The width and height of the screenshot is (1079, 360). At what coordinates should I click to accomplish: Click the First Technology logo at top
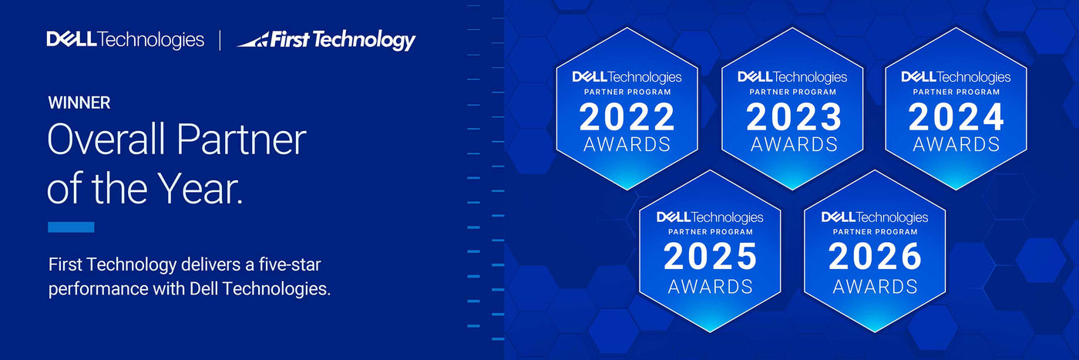tap(326, 40)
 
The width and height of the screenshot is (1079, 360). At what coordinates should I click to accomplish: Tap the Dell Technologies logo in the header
tap(125, 40)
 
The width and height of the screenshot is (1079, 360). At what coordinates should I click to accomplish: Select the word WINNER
tap(79, 103)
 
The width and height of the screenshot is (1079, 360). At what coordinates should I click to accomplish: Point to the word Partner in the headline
tap(241, 140)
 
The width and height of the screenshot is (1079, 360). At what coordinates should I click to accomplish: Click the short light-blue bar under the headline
tap(71, 227)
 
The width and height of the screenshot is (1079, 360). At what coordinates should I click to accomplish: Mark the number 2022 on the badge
tap(627, 118)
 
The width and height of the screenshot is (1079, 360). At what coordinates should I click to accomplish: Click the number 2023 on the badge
tap(793, 118)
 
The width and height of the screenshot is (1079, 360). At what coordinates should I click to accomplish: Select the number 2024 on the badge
tap(956, 118)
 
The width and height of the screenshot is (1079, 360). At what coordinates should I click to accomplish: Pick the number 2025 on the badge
tap(710, 257)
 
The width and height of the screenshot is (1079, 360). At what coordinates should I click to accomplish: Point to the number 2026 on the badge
tap(875, 257)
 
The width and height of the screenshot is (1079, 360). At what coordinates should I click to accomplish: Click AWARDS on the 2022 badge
tap(627, 144)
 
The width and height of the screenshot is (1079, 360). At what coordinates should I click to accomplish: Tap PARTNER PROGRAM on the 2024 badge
tap(956, 92)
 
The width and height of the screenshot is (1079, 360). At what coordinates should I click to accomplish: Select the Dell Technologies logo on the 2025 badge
tap(710, 217)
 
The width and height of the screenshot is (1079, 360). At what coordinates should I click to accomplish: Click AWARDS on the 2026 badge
tap(875, 287)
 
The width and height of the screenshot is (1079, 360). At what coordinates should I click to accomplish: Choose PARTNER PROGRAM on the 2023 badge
tap(793, 92)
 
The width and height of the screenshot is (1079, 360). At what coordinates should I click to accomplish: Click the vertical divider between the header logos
tap(220, 41)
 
